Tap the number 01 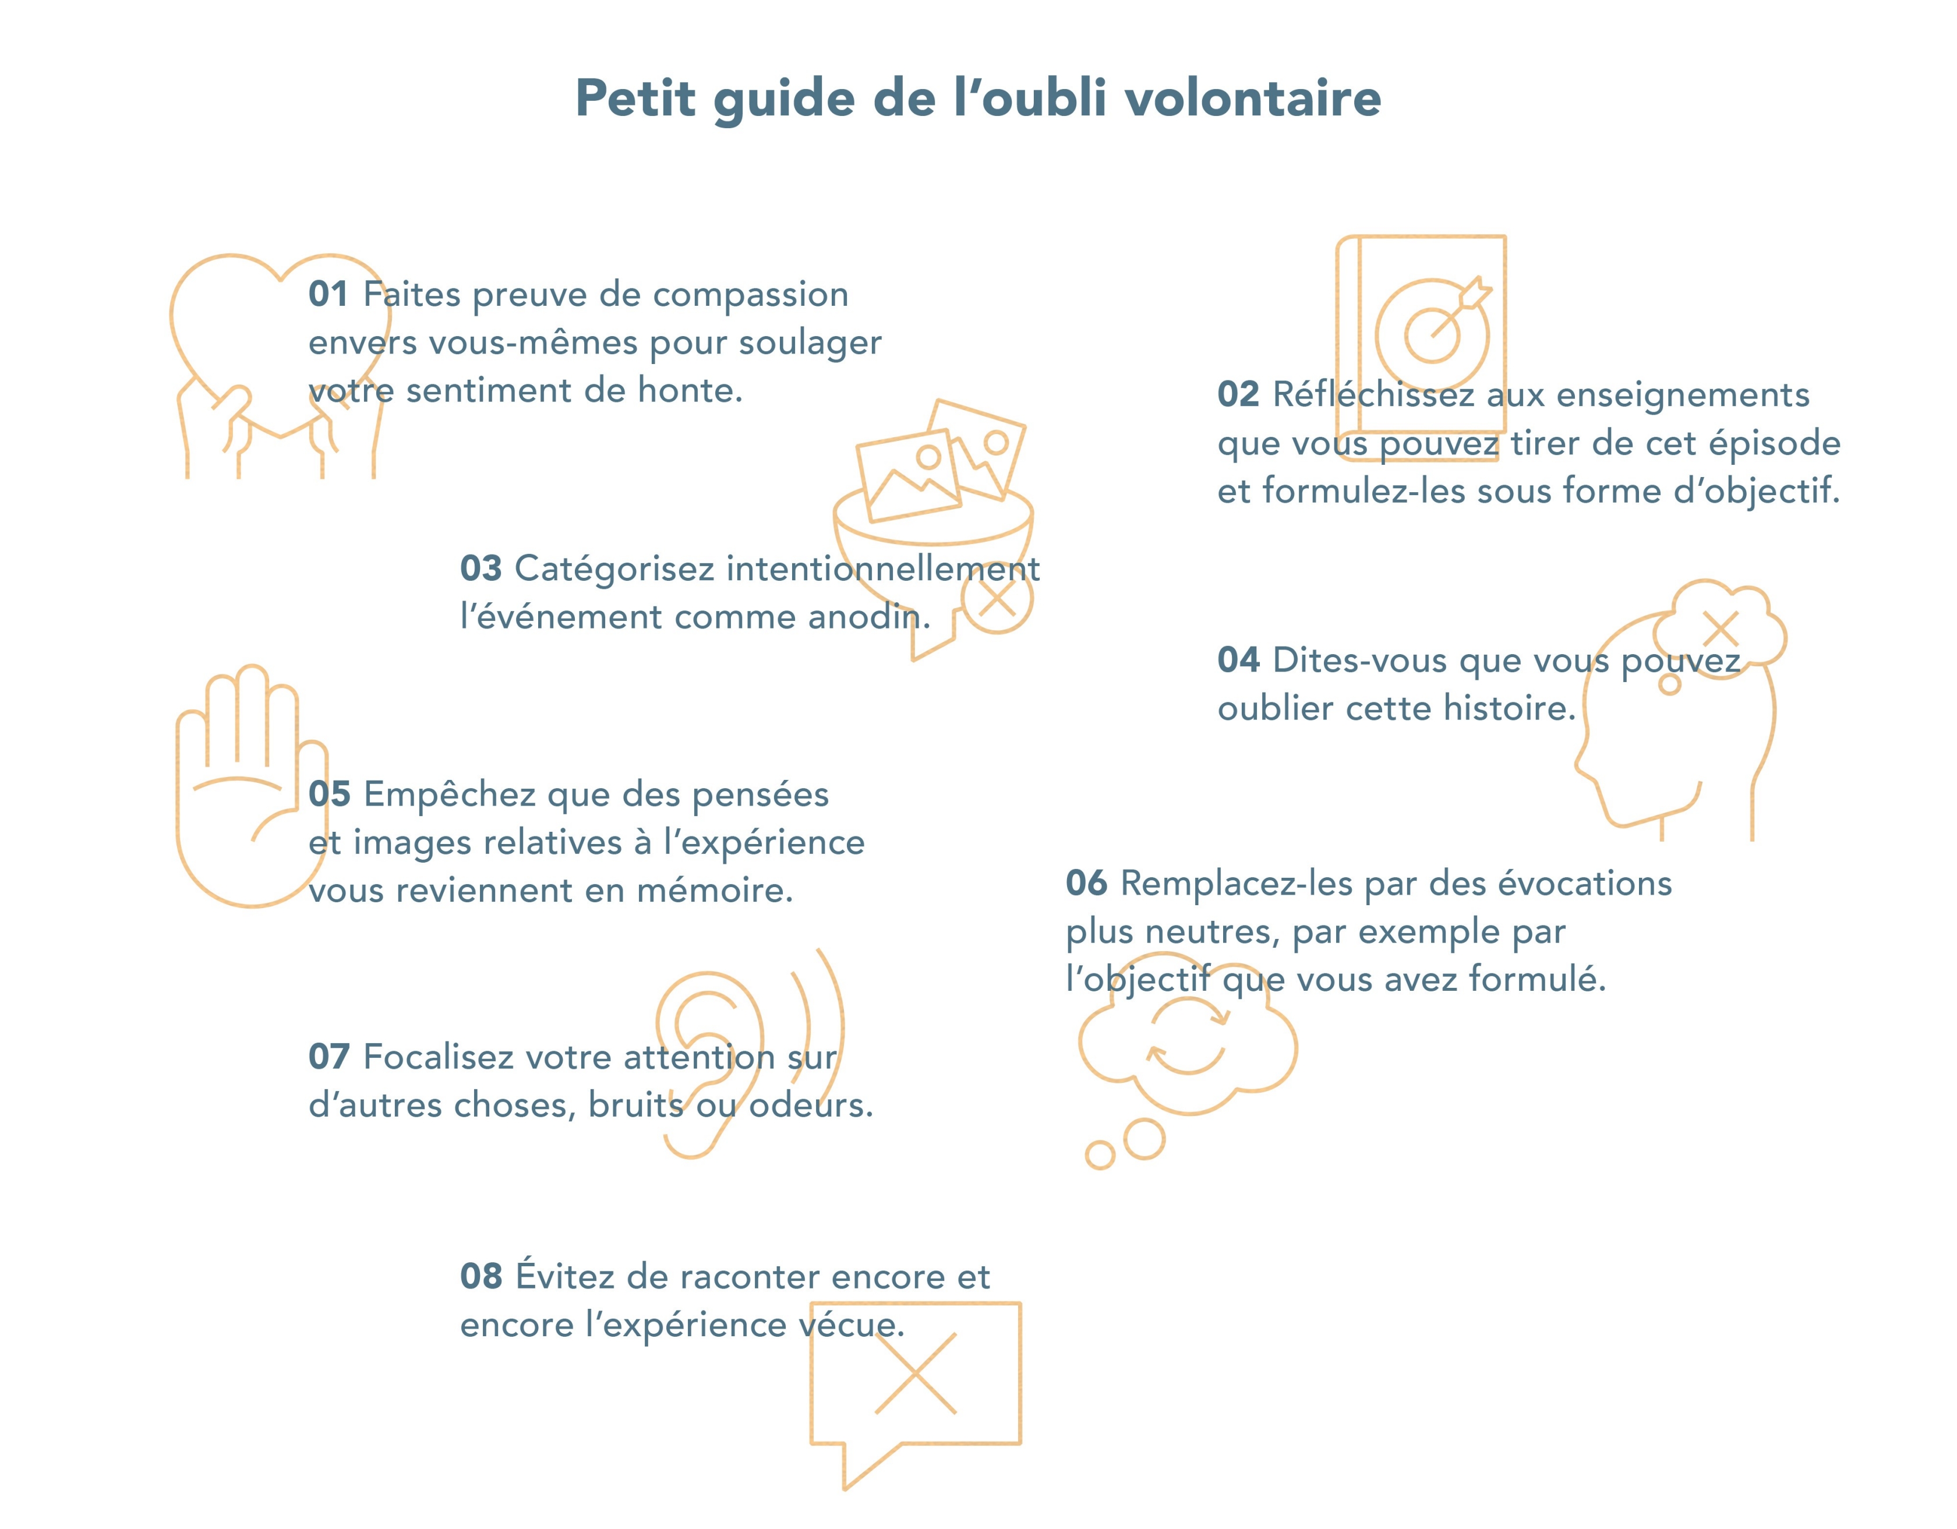pyautogui.click(x=328, y=295)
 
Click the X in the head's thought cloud pyautogui.click(x=1721, y=629)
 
